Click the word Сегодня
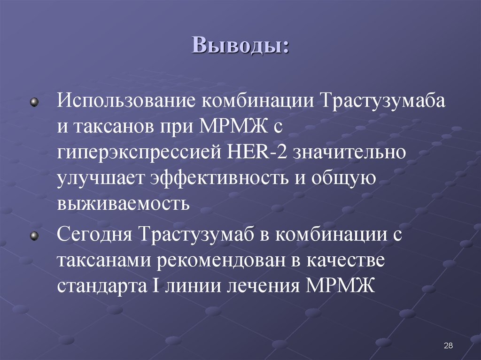pyautogui.click(x=93, y=234)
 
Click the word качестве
pyautogui.click(x=350, y=260)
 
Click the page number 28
pyautogui.click(x=448, y=346)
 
